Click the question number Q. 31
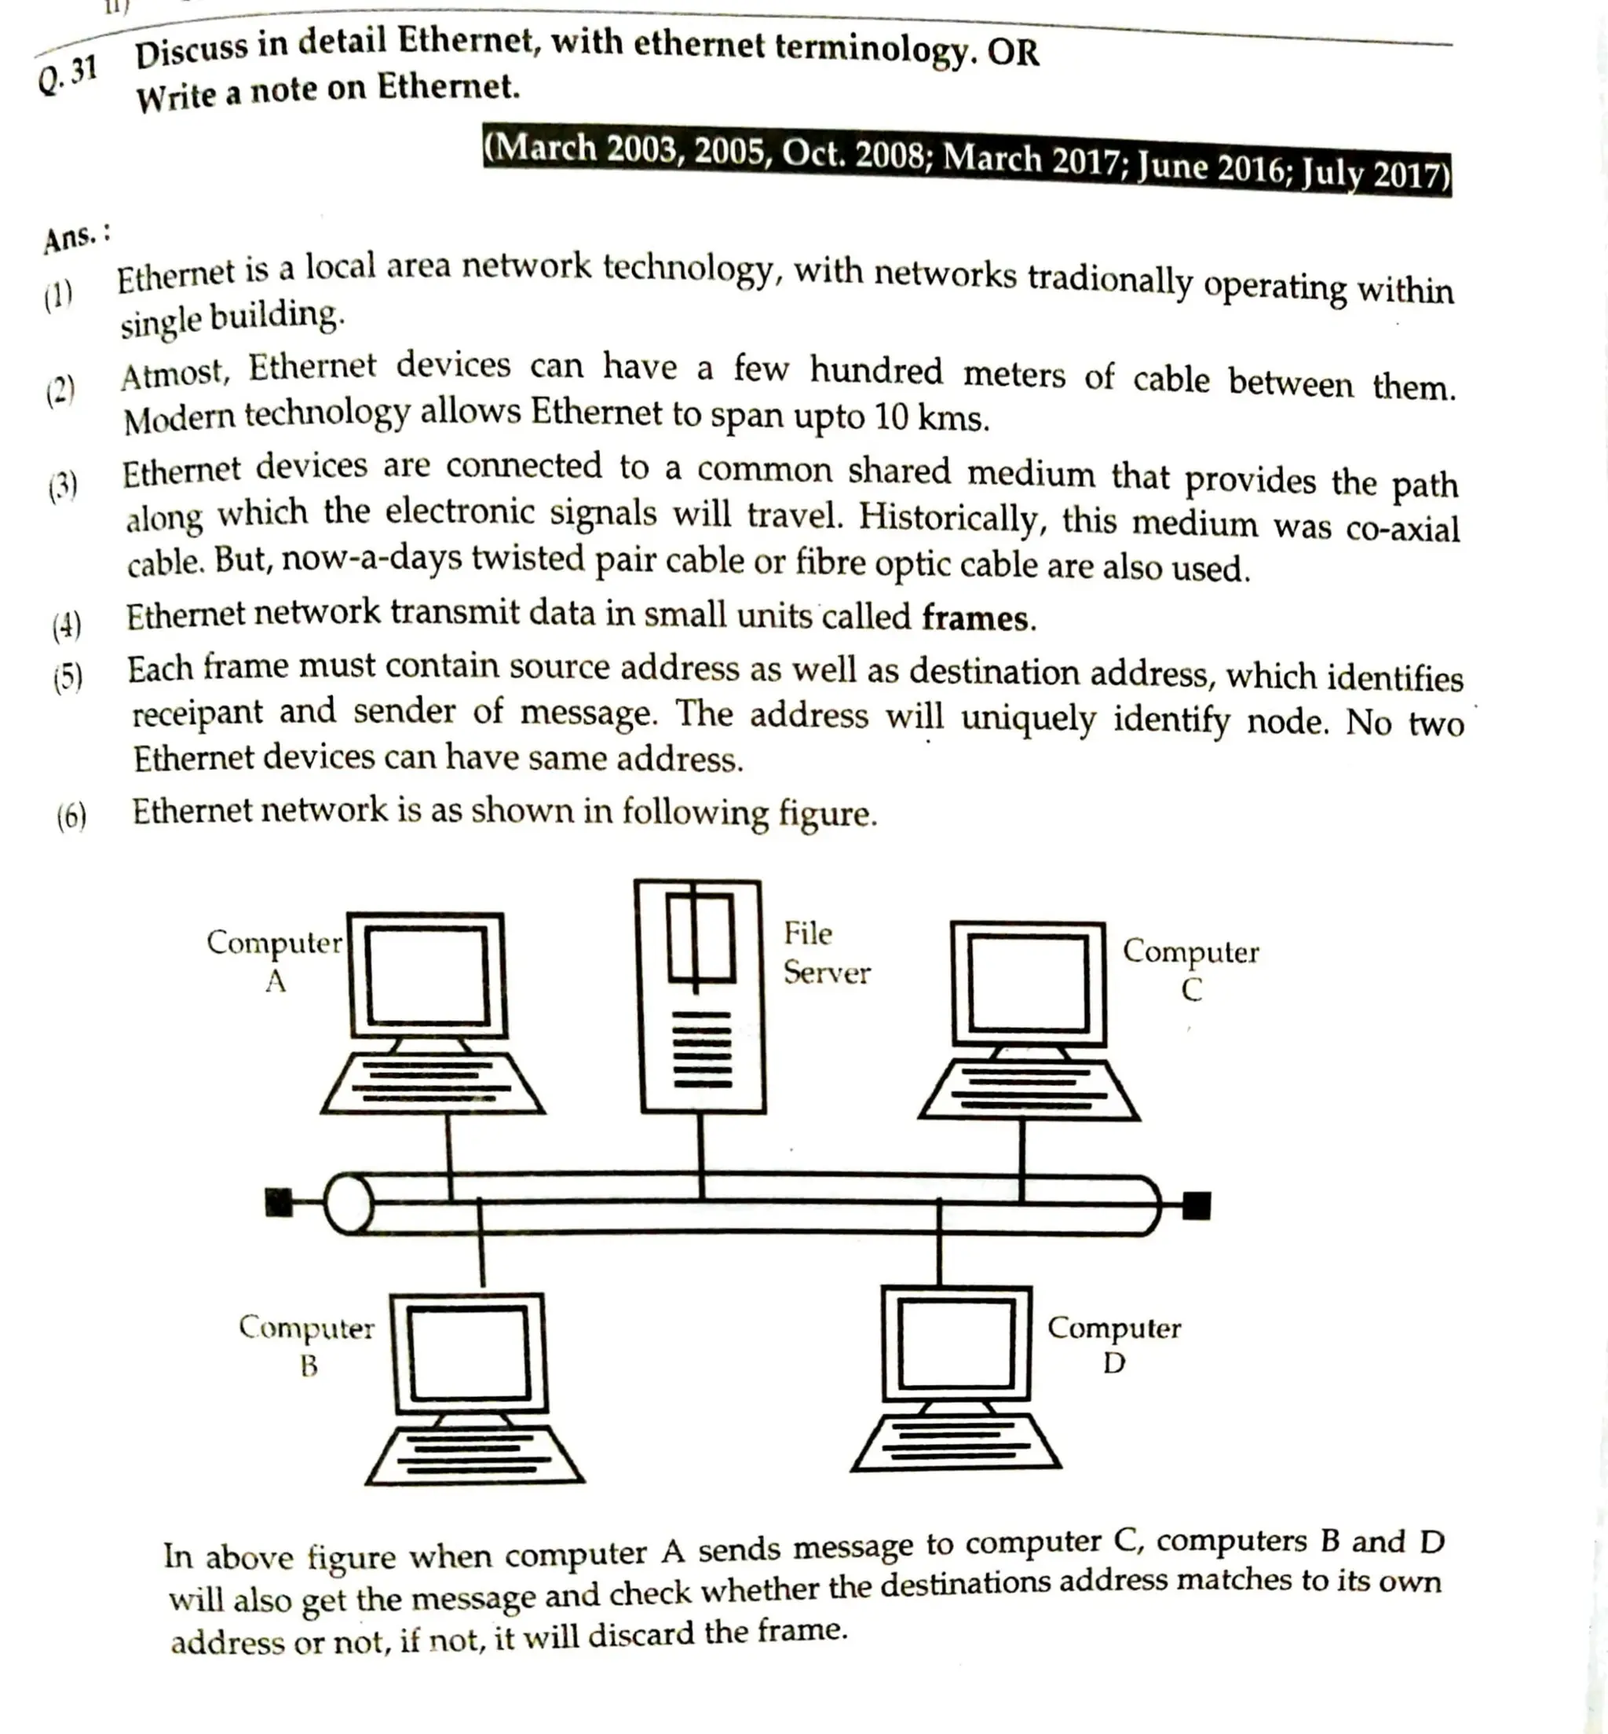tap(67, 76)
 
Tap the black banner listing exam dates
tap(967, 160)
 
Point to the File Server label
tap(825, 952)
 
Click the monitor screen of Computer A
tap(426, 975)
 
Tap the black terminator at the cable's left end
tap(279, 1202)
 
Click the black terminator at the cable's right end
tap(1197, 1205)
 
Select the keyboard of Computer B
tap(474, 1454)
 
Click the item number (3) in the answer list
tap(63, 486)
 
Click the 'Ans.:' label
tap(77, 236)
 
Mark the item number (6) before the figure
tap(71, 816)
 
